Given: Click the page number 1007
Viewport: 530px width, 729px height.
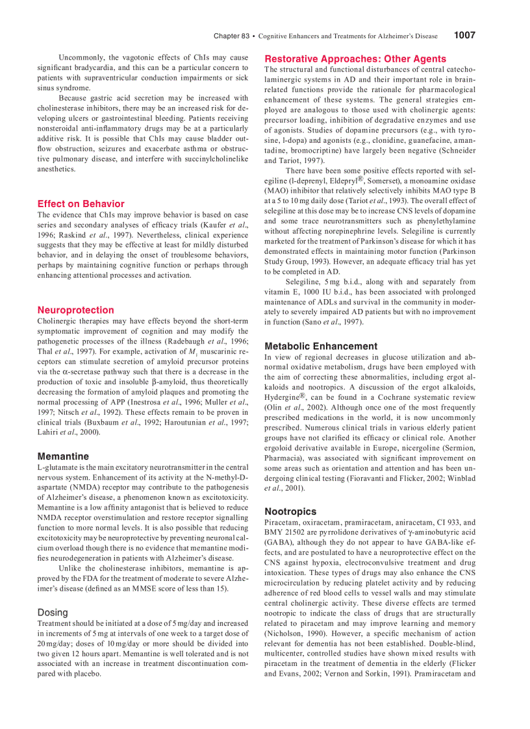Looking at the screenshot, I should (x=464, y=36).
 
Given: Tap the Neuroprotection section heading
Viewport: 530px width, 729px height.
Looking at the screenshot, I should (x=75, y=310).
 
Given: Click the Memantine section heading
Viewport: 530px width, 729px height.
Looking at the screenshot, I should (x=63, y=456).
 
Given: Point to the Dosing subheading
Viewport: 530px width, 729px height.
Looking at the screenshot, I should (x=53, y=612).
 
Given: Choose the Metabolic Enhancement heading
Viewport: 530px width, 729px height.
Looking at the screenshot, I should (x=321, y=346).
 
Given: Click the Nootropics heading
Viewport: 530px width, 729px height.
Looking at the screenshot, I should (x=290, y=511).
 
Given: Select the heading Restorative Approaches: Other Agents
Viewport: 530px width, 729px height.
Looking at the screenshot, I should (x=355, y=58).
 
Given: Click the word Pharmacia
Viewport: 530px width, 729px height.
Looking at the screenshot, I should (x=284, y=458).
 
